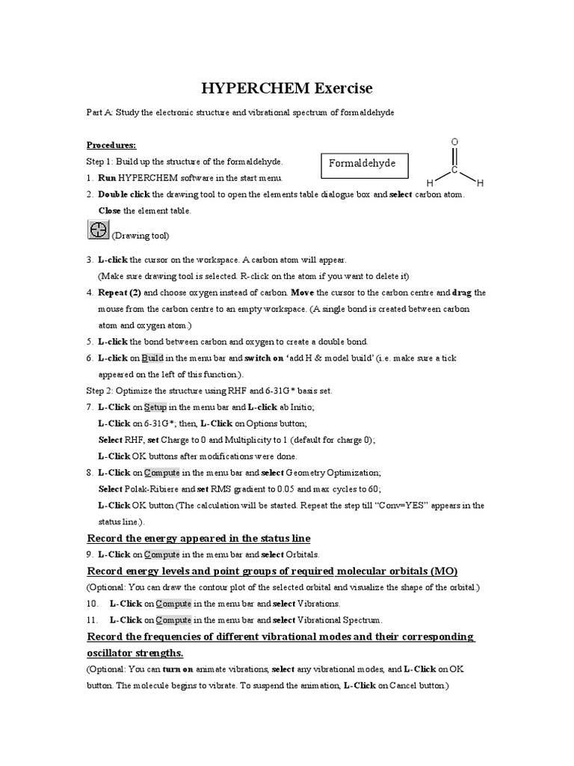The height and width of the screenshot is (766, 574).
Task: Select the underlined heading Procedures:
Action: [111, 144]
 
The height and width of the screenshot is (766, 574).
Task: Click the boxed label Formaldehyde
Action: [363, 164]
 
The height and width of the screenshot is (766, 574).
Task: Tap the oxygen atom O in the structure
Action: [454, 142]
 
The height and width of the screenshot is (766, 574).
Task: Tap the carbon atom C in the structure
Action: [454, 171]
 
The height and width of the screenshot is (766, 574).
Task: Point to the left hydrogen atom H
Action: [430, 183]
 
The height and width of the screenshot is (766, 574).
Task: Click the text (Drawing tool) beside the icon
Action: [141, 236]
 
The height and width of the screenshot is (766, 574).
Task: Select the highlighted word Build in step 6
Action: [152, 358]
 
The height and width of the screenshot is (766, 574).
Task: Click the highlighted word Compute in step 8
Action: [161, 473]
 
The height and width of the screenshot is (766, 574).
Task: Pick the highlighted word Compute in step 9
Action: [161, 554]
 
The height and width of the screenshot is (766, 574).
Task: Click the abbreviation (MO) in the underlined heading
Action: [442, 571]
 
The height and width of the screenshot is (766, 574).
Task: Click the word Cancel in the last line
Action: [401, 685]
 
